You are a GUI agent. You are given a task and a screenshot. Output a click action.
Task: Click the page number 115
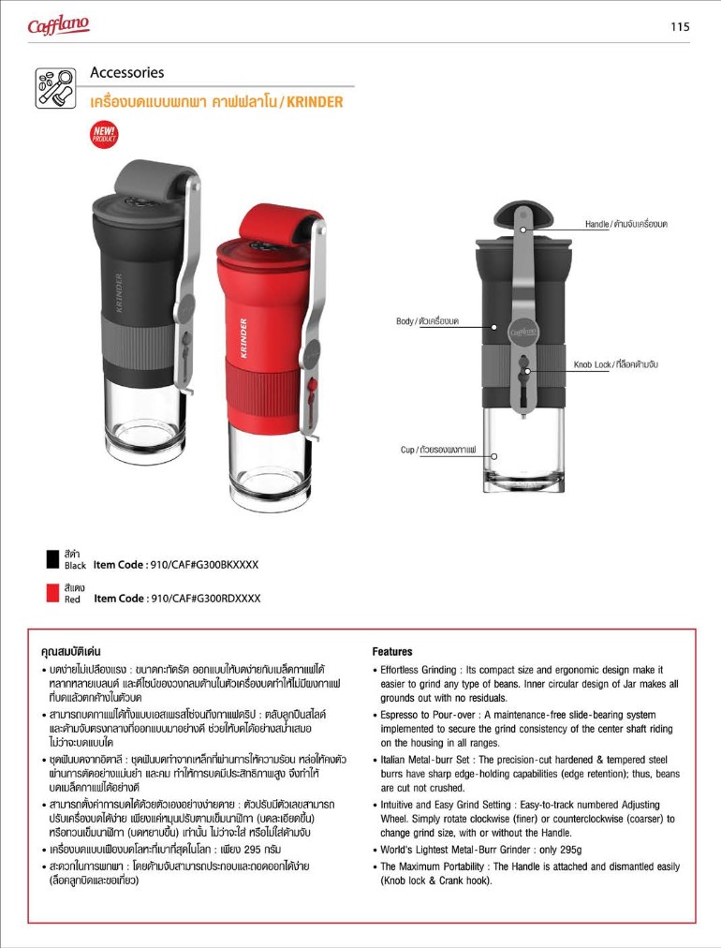[681, 27]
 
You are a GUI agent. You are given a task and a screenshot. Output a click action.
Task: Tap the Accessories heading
[127, 72]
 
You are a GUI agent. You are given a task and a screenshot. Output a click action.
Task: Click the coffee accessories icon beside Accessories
[56, 88]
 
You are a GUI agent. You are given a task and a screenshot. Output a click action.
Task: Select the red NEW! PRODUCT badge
[104, 134]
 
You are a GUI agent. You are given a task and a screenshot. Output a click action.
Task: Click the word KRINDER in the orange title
[315, 101]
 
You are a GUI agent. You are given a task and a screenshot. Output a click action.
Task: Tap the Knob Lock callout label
[615, 363]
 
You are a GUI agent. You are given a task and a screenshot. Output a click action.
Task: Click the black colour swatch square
[53, 560]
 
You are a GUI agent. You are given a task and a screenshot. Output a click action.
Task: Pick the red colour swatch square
[53, 593]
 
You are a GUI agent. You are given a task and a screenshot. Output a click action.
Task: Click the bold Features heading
[392, 651]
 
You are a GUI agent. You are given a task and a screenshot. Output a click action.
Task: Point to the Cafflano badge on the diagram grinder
[523, 331]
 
